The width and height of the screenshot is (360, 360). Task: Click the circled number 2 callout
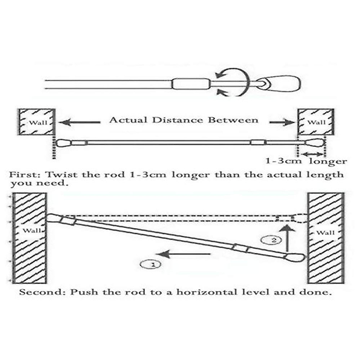pyautogui.click(x=272, y=240)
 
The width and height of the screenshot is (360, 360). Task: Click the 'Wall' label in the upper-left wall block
pyautogui.click(x=36, y=122)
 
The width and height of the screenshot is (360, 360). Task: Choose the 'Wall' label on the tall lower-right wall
pyautogui.click(x=326, y=233)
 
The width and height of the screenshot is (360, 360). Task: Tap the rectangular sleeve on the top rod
pyautogui.click(x=191, y=84)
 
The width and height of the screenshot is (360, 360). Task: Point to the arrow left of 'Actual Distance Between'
pyautogui.click(x=79, y=122)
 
